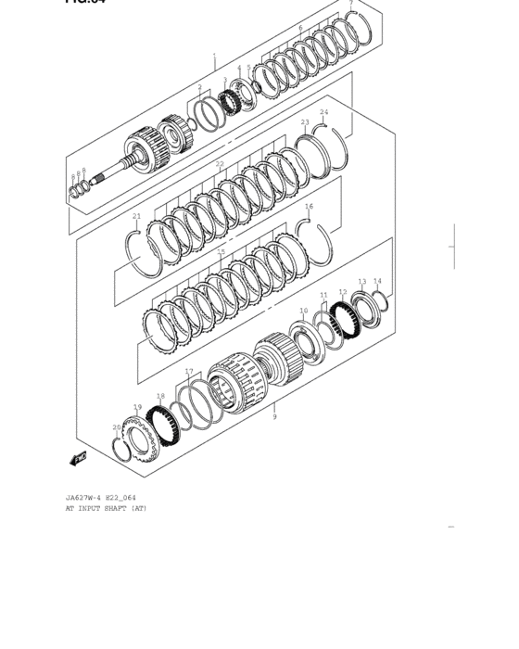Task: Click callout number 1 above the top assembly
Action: (x=214, y=56)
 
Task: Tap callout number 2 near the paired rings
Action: (x=199, y=87)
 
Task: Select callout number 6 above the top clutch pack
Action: (x=300, y=29)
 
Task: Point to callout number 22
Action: (x=220, y=164)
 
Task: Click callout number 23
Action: (x=305, y=121)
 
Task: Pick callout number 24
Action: (x=324, y=112)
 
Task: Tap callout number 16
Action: (x=309, y=206)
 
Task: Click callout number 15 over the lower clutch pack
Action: (x=221, y=251)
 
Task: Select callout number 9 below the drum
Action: (x=274, y=418)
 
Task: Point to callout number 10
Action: (x=303, y=312)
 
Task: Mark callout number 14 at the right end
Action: (x=377, y=280)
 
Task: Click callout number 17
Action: (x=189, y=372)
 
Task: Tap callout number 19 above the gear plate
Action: (x=137, y=407)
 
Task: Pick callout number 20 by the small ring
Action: (x=117, y=427)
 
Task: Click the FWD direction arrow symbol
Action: (x=78, y=456)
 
